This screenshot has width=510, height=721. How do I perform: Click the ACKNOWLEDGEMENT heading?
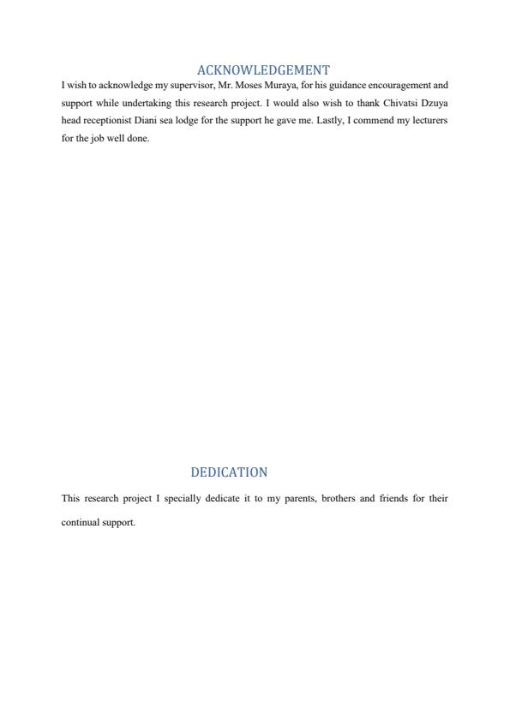tap(263, 70)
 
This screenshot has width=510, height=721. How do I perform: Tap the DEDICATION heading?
tap(229, 472)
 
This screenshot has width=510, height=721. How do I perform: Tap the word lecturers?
tap(427, 121)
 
